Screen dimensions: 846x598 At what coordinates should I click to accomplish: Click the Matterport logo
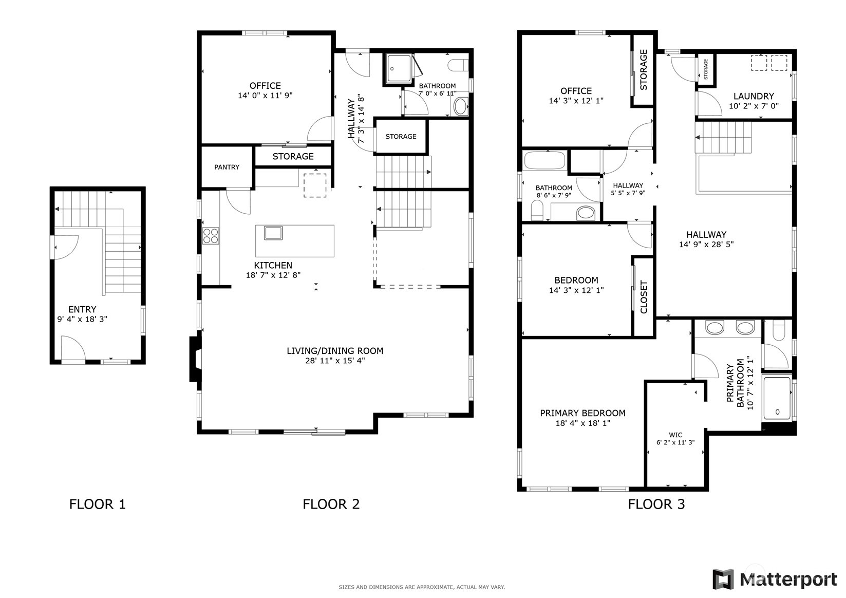coord(775,580)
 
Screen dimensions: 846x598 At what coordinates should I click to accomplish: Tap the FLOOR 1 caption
coord(98,504)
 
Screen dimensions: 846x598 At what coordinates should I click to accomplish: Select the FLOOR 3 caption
coord(656,504)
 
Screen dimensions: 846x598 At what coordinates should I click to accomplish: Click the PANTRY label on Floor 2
coord(227,167)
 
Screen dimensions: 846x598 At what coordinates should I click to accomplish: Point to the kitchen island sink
coord(273,233)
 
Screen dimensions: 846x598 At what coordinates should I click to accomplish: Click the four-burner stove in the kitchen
coord(211,236)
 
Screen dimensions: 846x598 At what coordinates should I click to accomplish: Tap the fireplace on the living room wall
coord(196,359)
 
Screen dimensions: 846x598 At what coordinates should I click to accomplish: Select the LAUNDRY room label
coord(754,97)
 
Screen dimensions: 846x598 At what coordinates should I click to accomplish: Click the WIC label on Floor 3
coord(675,435)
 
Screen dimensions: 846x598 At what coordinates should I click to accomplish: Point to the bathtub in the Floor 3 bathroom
coord(544,160)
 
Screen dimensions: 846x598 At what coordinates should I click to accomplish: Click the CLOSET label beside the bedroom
coord(644,297)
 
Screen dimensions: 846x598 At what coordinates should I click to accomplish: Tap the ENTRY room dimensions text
coord(82,319)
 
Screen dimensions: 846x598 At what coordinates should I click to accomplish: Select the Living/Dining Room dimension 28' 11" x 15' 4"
coord(335,361)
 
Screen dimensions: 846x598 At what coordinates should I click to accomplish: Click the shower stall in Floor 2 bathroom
coord(399,69)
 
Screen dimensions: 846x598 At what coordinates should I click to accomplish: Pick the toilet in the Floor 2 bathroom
coord(458,65)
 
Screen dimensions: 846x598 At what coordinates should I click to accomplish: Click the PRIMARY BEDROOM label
coord(583,413)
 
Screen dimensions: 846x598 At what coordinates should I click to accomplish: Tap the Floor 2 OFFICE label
coord(265,86)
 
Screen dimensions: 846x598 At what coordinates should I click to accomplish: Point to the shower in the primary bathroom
coord(777,398)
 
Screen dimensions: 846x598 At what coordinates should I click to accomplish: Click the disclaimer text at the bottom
coord(422,587)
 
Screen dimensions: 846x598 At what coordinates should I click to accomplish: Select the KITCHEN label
coord(273,265)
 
